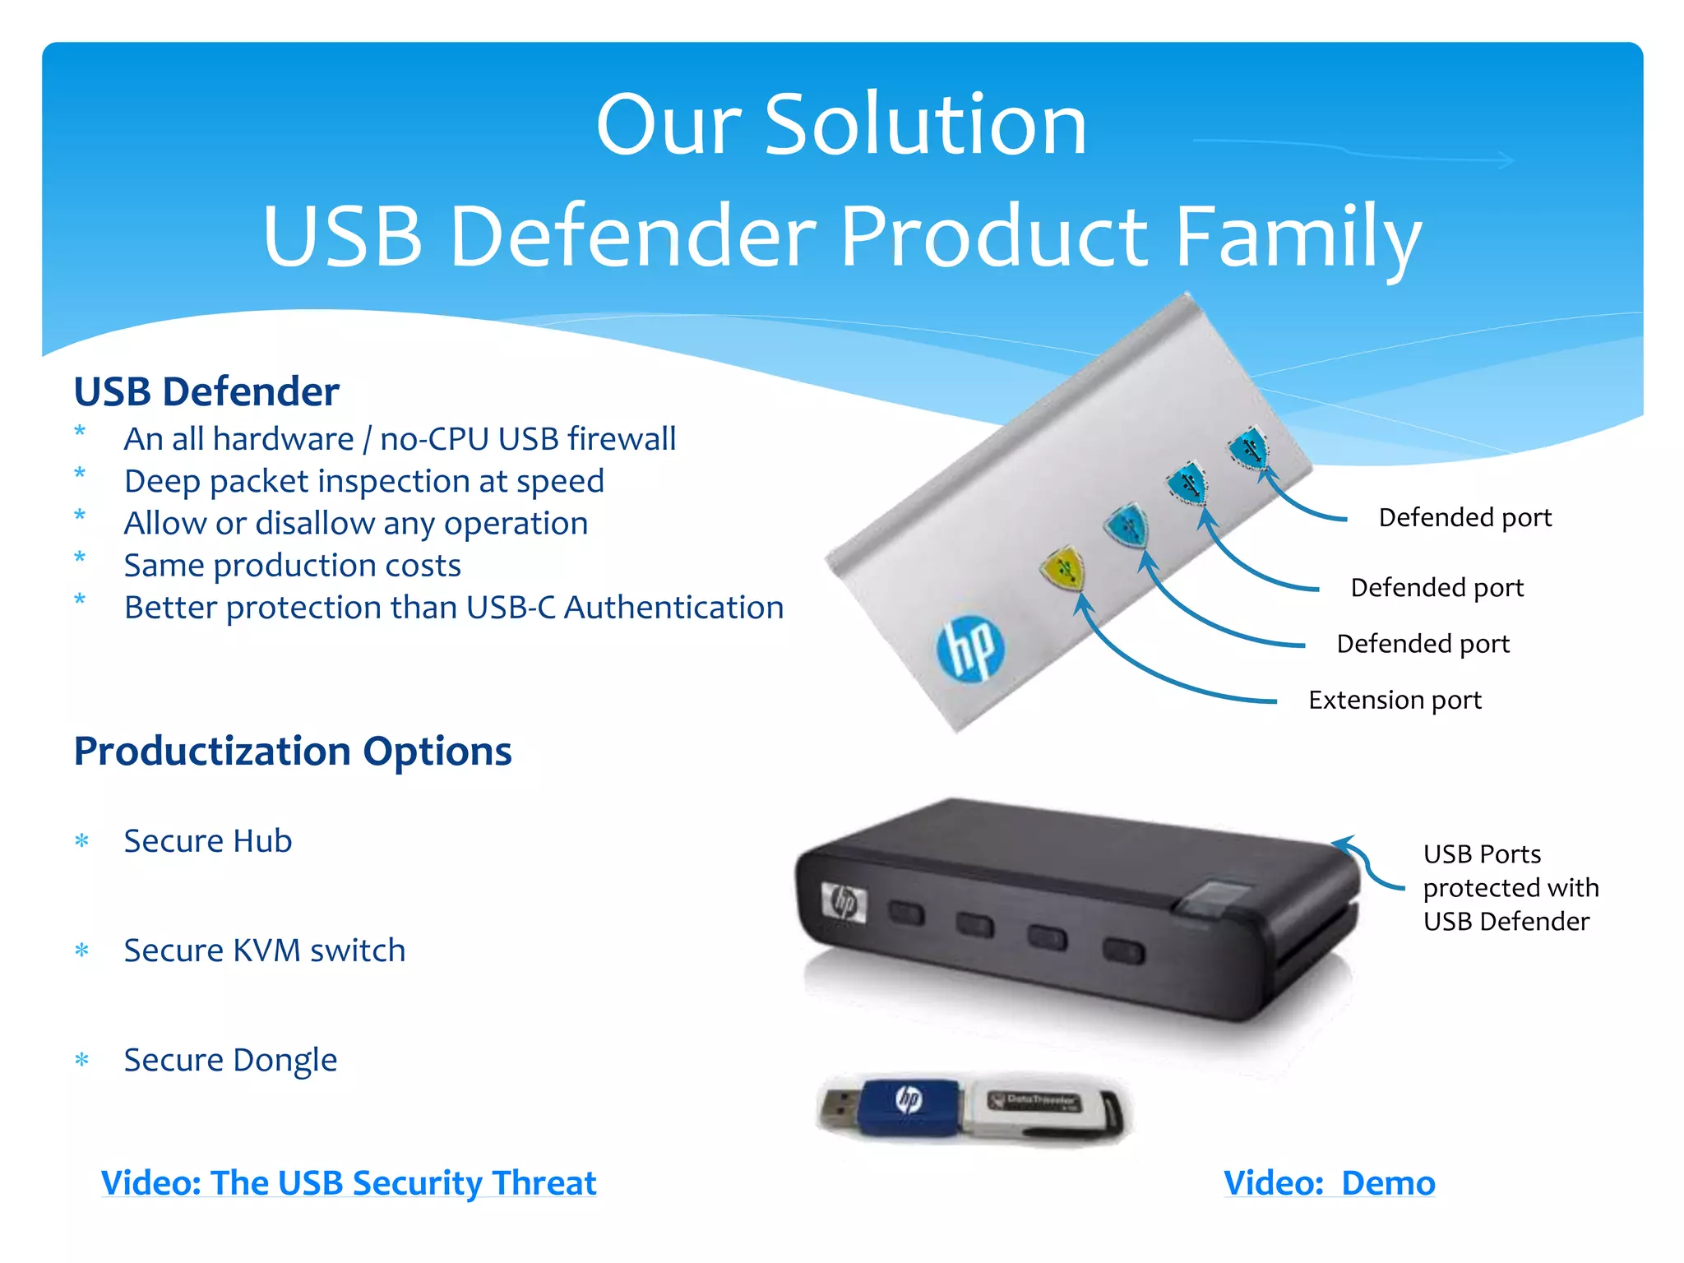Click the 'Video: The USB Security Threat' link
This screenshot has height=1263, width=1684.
(349, 1182)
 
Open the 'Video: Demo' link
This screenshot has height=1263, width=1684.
(1329, 1182)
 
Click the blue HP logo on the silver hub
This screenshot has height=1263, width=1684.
(971, 647)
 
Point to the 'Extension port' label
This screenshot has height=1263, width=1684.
(1395, 700)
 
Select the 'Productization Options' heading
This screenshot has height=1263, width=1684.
(293, 751)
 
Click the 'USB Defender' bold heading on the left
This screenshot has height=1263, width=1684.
(206, 391)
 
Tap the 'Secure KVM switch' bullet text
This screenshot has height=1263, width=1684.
(264, 950)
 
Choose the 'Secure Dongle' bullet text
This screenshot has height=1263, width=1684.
(230, 1060)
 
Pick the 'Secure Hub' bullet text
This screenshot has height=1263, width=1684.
(208, 840)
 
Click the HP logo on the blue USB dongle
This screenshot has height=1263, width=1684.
(909, 1099)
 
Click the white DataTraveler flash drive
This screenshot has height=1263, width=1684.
(1044, 1108)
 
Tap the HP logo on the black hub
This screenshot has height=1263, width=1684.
(844, 903)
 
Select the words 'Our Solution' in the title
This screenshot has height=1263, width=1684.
(841, 125)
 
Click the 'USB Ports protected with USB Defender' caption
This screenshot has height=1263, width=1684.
(1510, 888)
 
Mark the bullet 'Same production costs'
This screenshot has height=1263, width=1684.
(292, 565)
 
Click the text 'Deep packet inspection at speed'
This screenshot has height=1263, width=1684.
(363, 481)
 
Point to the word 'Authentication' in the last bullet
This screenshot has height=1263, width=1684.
(673, 608)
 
